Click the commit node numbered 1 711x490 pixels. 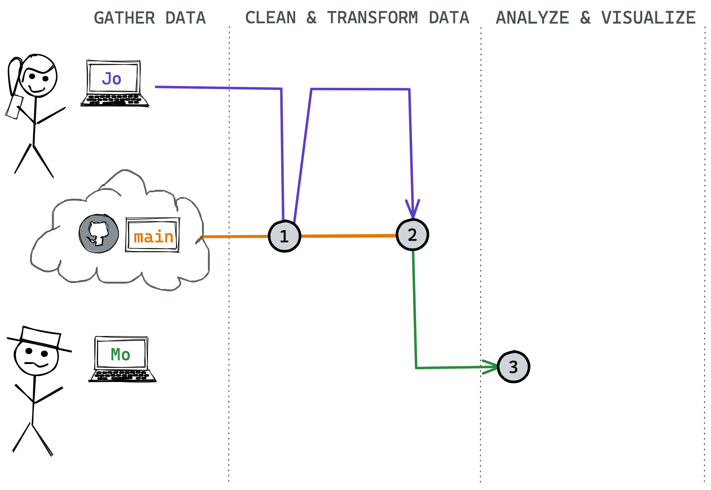click(x=284, y=236)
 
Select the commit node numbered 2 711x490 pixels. click(x=412, y=235)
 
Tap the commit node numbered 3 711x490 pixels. click(x=514, y=367)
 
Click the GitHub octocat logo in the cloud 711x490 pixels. click(x=99, y=234)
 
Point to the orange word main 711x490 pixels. click(x=153, y=237)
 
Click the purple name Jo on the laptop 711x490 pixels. click(x=111, y=79)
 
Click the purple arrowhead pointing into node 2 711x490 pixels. click(x=412, y=209)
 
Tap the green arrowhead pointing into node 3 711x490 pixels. click(x=490, y=367)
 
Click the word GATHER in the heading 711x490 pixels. click(x=124, y=18)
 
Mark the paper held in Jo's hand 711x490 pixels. click(x=14, y=107)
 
